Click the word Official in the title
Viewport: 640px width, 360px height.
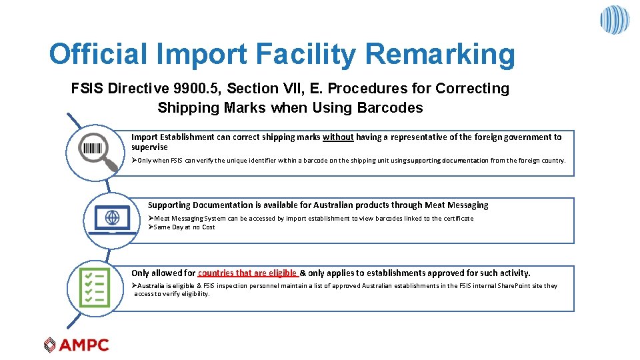pyautogui.click(x=97, y=55)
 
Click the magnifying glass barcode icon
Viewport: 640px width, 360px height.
pyautogui.click(x=93, y=151)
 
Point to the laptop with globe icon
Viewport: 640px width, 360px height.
pyautogui.click(x=112, y=219)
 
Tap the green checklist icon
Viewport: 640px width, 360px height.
pyautogui.click(x=94, y=288)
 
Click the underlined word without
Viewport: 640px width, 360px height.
pyautogui.click(x=338, y=137)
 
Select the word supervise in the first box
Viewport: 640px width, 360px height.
pyautogui.click(x=149, y=147)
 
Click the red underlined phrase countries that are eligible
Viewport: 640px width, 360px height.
pyautogui.click(x=247, y=273)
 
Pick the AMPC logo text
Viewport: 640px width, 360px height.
pyautogui.click(x=84, y=345)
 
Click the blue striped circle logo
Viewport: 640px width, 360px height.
pyautogui.click(x=614, y=20)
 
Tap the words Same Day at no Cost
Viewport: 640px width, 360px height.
pyautogui.click(x=184, y=227)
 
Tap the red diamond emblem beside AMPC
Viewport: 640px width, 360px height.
pyautogui.click(x=50, y=345)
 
